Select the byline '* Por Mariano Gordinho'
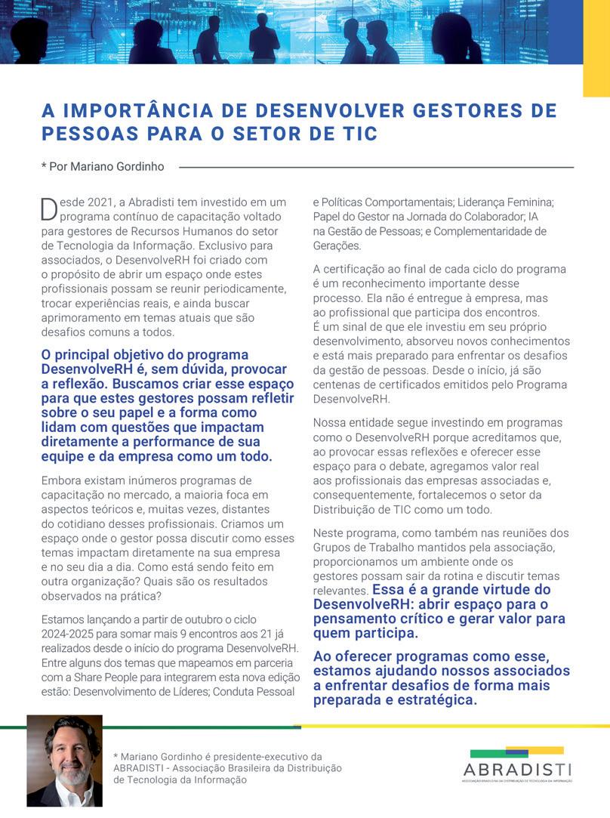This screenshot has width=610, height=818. tap(103, 166)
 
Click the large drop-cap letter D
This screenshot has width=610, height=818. tap(48, 209)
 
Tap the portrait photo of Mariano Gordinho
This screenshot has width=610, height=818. tap(64, 761)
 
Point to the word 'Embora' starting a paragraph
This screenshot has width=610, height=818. tap(63, 480)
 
